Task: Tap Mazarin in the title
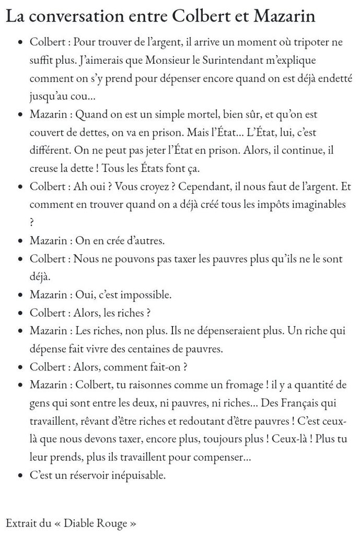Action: pos(284,17)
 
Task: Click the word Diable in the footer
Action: pos(79,523)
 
